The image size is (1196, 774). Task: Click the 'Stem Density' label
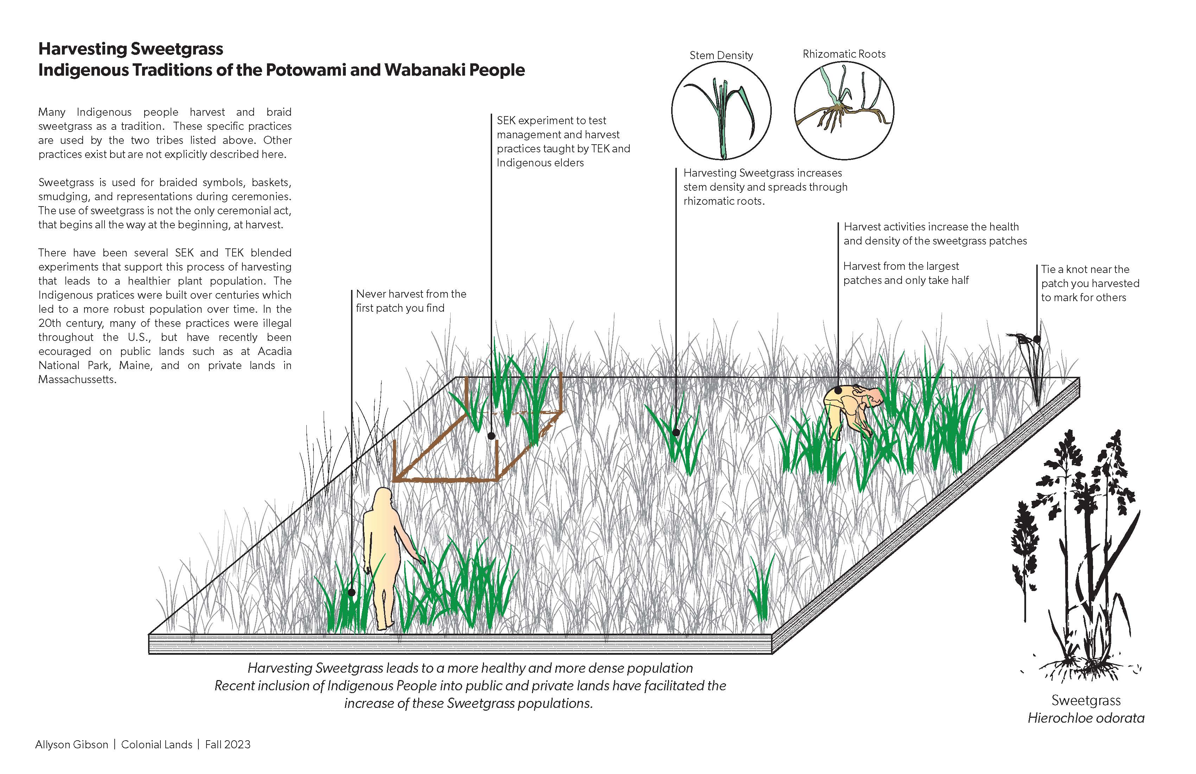click(x=721, y=55)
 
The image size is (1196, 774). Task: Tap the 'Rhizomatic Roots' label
click(x=844, y=54)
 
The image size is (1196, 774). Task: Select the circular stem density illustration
click(x=721, y=110)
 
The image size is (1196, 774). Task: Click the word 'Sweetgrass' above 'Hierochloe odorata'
click(x=1086, y=700)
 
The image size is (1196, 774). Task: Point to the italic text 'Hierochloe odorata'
click(x=1086, y=718)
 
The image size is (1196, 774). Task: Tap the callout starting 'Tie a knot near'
click(x=1089, y=284)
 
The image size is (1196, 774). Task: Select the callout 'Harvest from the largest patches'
click(x=905, y=273)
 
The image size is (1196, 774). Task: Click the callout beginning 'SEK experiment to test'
click(x=563, y=141)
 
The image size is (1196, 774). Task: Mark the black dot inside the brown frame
click(x=491, y=436)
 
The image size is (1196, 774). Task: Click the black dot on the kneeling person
click(x=838, y=390)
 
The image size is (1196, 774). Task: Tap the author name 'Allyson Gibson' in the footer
click(x=72, y=744)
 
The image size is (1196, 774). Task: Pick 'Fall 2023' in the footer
click(x=228, y=744)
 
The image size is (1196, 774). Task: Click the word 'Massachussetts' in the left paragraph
click(x=77, y=380)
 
